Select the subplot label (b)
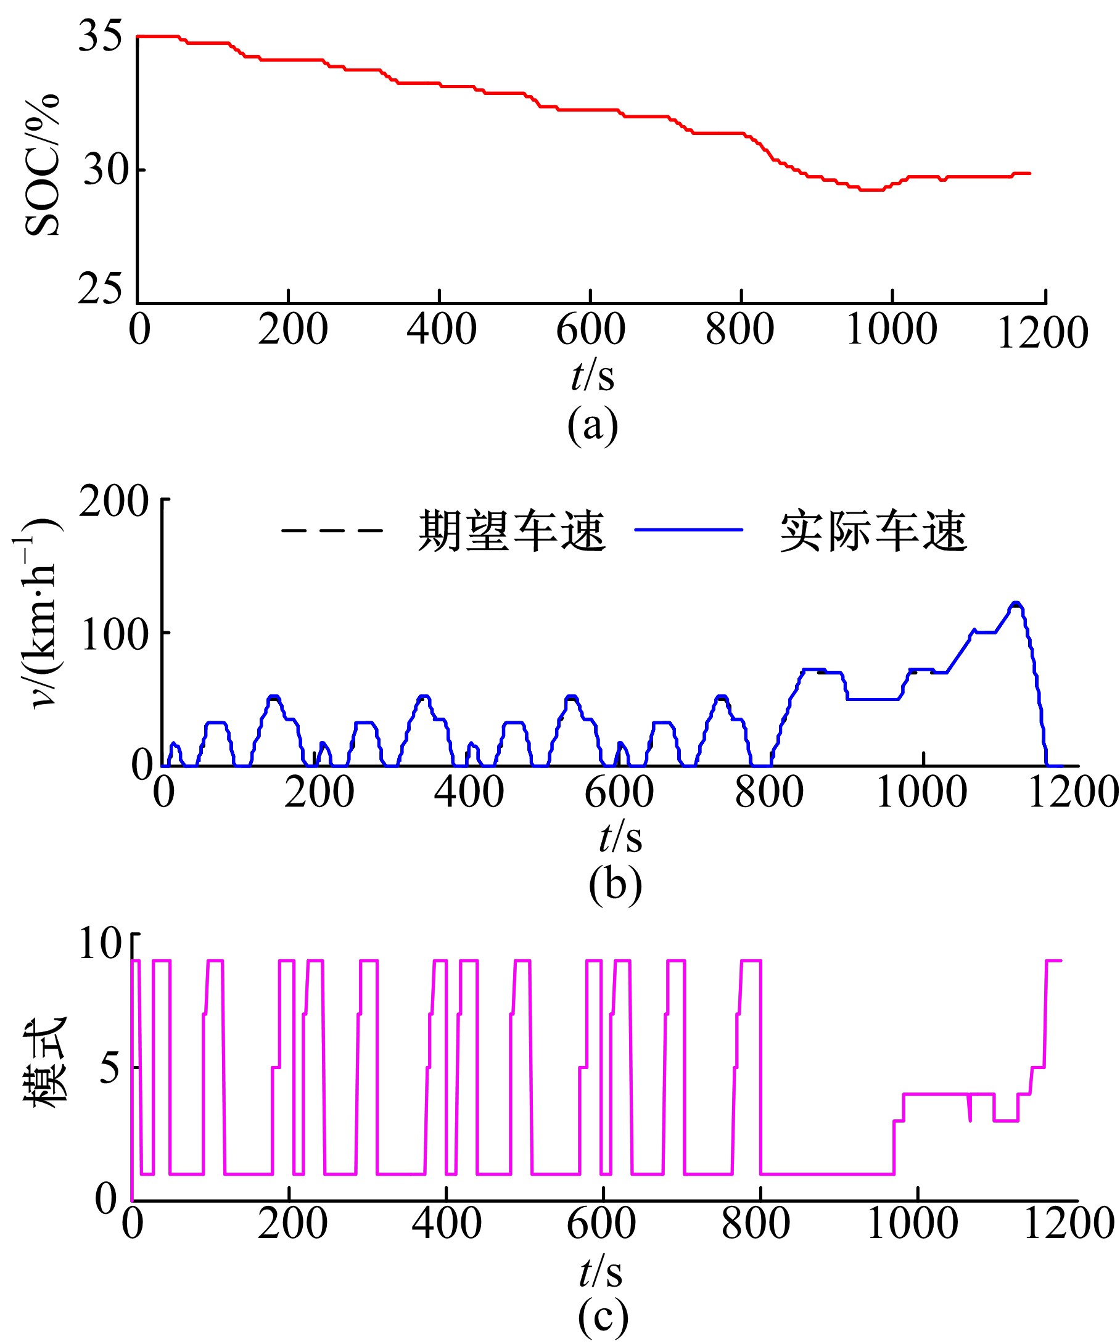click(615, 885)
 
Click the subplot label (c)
click(602, 1317)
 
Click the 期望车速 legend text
click(511, 531)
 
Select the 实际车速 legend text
click(872, 531)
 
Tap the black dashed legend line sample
click(332, 531)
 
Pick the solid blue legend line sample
click(688, 530)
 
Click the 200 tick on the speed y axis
click(114, 501)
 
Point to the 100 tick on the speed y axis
click(114, 635)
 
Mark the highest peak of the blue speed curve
click(1015, 603)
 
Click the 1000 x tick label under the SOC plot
click(891, 330)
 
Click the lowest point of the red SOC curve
click(871, 189)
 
